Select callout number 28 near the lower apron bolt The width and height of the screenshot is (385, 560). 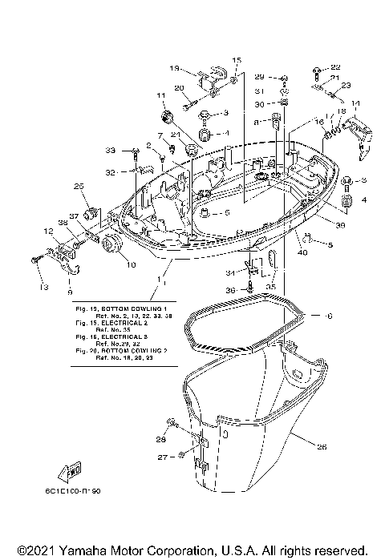[161, 440]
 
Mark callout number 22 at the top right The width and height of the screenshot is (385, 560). [335, 66]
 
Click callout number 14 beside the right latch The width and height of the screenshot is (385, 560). [355, 103]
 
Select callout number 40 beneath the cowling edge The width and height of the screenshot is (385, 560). [303, 253]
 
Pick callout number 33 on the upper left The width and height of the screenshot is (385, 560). [110, 150]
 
